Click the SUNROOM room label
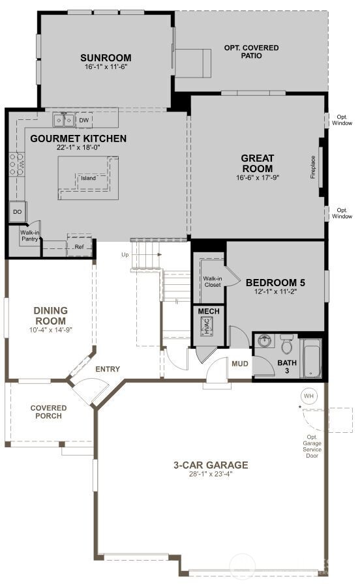pos(106,57)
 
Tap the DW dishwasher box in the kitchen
pos(83,120)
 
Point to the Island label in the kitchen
pos(88,178)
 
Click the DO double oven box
pos(16,212)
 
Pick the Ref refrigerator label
pos(79,247)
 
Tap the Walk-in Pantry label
pos(29,235)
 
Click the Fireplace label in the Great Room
pos(313,168)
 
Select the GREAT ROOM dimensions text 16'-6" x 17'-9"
pos(257,177)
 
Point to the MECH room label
pos(209,312)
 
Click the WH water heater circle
pos(308,396)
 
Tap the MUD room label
pos(239,363)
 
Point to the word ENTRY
pos(108,370)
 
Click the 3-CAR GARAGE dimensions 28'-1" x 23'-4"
pos(211,474)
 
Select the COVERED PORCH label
pos(48,412)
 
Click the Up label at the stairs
pos(125,255)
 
